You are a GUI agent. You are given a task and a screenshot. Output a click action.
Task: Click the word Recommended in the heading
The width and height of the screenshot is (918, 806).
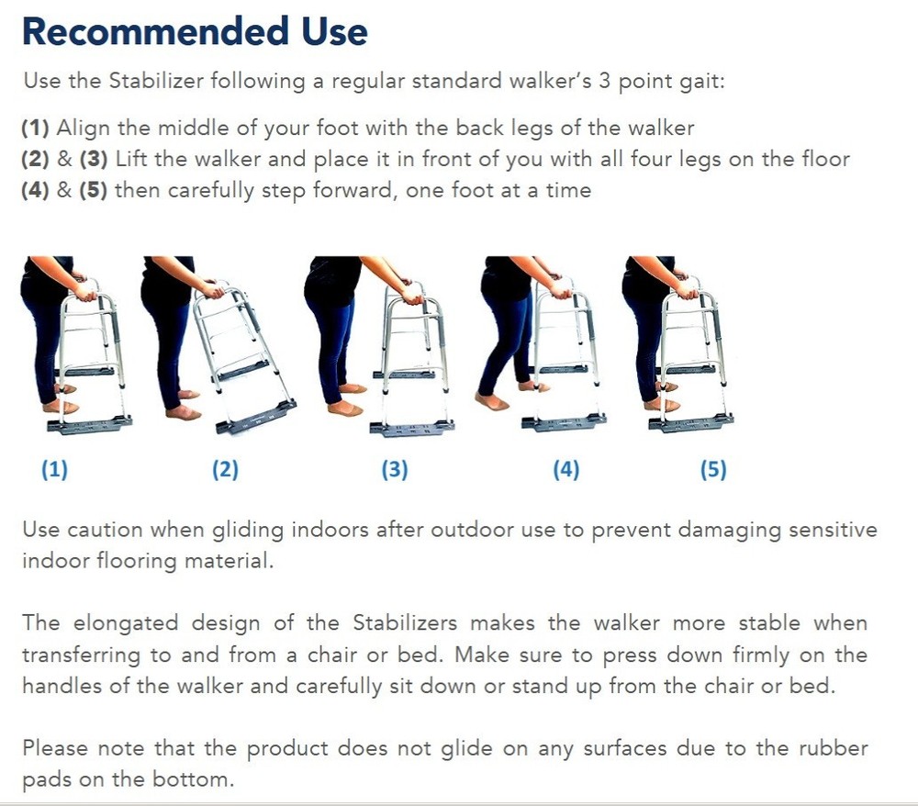click(156, 31)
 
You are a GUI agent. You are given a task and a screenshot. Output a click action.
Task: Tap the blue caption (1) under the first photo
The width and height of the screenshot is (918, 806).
click(54, 469)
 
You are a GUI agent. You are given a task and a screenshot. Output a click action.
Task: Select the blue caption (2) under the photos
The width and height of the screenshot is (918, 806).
click(226, 469)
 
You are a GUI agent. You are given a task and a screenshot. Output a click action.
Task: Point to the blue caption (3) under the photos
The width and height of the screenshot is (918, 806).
click(395, 469)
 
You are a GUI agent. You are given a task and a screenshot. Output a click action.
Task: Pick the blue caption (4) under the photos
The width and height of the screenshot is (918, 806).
click(566, 469)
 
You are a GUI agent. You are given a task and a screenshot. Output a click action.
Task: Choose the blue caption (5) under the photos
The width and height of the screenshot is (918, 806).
click(713, 469)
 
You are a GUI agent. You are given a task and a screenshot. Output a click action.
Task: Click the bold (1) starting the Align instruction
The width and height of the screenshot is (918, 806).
click(35, 128)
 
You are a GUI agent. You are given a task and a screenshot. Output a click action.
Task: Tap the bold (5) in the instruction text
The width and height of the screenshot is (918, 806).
click(94, 190)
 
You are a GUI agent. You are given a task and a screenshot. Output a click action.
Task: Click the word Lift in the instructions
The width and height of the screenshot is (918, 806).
click(131, 159)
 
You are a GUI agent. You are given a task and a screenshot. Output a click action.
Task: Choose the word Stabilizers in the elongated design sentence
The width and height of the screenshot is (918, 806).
click(405, 622)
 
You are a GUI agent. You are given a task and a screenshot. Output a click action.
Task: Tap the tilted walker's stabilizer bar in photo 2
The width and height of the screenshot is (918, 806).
click(256, 418)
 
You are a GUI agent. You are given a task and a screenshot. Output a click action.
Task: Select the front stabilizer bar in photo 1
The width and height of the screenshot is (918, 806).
click(90, 424)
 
